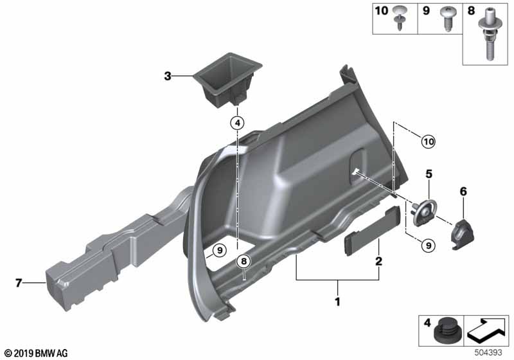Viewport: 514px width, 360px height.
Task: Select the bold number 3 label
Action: [168, 76]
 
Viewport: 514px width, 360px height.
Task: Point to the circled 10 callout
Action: [429, 139]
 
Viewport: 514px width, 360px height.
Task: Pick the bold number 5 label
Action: [427, 173]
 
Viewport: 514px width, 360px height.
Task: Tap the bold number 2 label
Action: [379, 262]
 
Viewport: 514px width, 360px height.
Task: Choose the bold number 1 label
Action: [337, 301]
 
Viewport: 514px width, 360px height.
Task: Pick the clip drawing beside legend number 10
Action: [402, 15]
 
